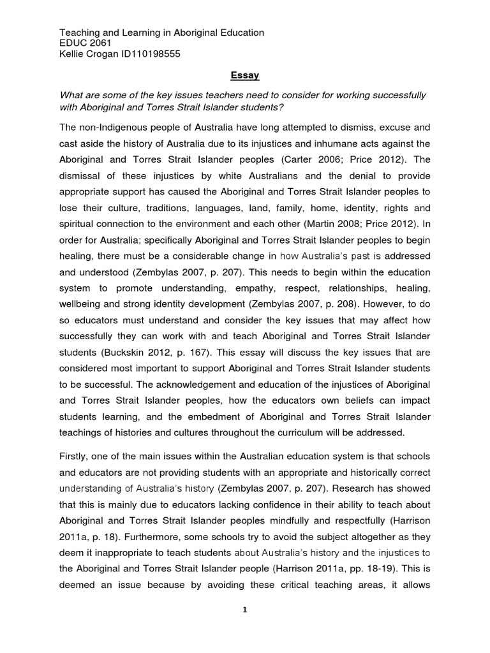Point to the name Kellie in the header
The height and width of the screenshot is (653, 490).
(x=73, y=54)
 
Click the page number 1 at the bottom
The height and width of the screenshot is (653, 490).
(x=244, y=610)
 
